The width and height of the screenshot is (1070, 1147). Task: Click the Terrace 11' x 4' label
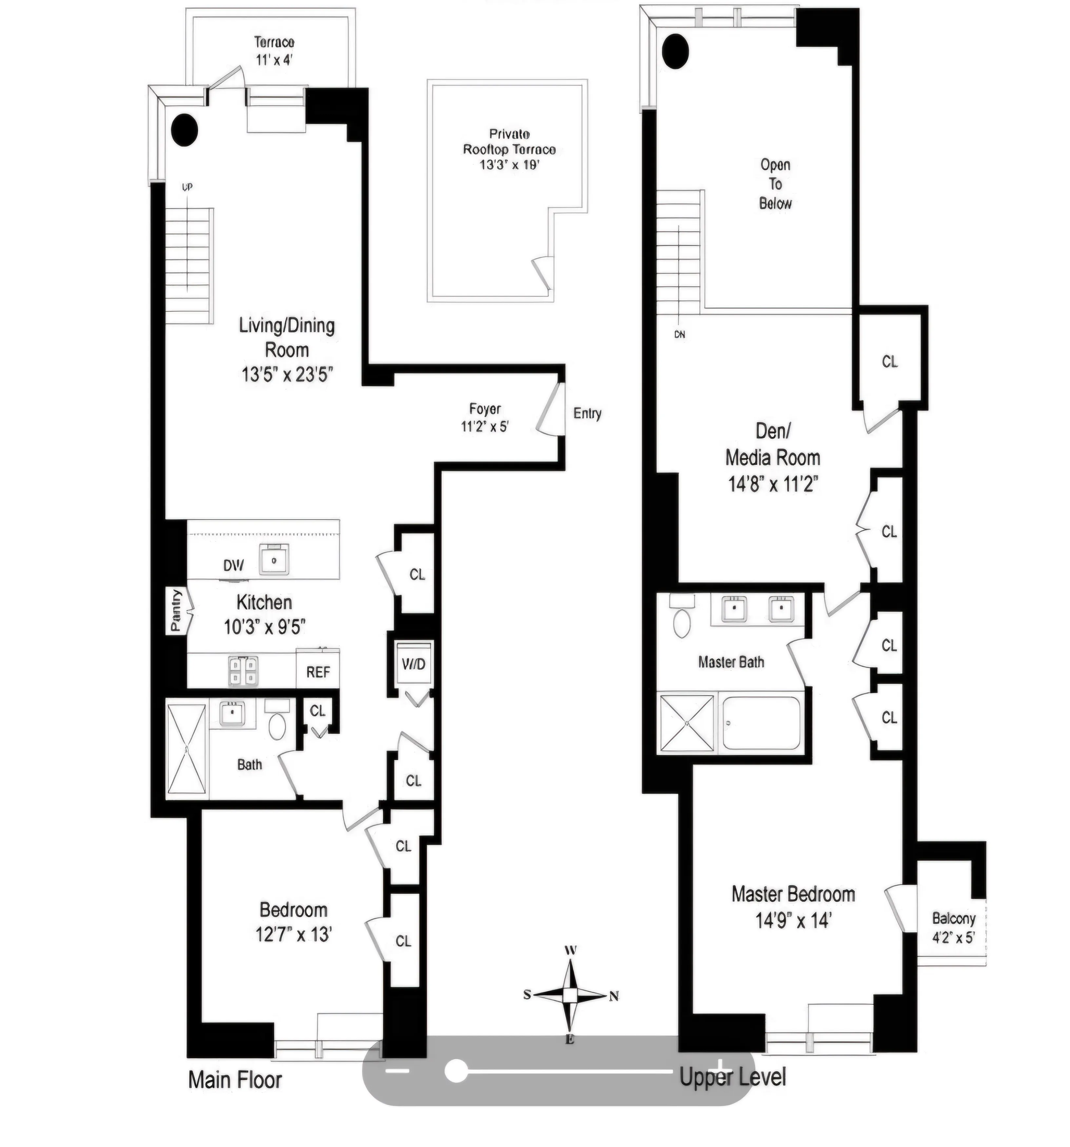click(275, 51)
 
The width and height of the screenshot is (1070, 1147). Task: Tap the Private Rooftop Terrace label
click(509, 149)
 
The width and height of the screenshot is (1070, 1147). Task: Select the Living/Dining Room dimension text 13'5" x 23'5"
click(287, 375)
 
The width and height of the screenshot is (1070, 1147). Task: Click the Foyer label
click(485, 409)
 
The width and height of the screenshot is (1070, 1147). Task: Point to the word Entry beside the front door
click(587, 413)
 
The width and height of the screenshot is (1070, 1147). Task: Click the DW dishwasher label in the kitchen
click(233, 565)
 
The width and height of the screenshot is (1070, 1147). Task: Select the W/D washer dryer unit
click(414, 664)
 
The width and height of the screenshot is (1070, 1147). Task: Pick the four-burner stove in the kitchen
click(243, 671)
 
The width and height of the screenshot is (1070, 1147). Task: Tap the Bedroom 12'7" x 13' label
click(293, 922)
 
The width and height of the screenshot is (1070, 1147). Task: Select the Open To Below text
click(775, 184)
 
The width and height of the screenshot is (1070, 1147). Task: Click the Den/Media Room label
click(773, 457)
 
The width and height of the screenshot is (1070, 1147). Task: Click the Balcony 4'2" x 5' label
click(953, 927)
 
